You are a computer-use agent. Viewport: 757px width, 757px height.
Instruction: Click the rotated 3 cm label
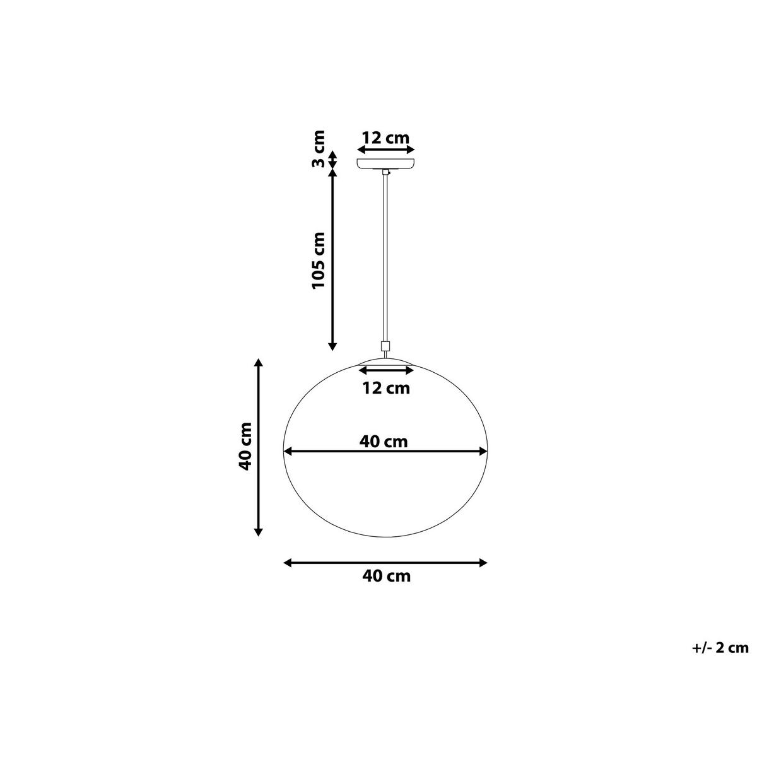(320, 149)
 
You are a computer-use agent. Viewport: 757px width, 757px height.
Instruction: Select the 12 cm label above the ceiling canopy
(385, 137)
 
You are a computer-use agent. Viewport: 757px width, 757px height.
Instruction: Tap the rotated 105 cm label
(320, 261)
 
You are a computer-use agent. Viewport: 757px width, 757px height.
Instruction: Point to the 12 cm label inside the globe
(386, 388)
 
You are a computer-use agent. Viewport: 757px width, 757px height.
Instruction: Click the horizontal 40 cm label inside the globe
(384, 442)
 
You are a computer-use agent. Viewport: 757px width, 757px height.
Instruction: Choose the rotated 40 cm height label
(245, 447)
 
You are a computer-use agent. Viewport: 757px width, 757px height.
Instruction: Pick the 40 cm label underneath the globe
(386, 576)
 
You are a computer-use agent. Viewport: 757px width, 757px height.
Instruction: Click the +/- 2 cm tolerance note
(719, 647)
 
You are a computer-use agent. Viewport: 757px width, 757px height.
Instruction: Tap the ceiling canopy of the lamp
(385, 163)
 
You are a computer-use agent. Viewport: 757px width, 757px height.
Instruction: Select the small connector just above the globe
(385, 346)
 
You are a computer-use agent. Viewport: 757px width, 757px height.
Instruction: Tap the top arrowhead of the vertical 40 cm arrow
(257, 364)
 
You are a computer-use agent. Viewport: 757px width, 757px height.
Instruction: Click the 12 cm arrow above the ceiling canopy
(385, 150)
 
